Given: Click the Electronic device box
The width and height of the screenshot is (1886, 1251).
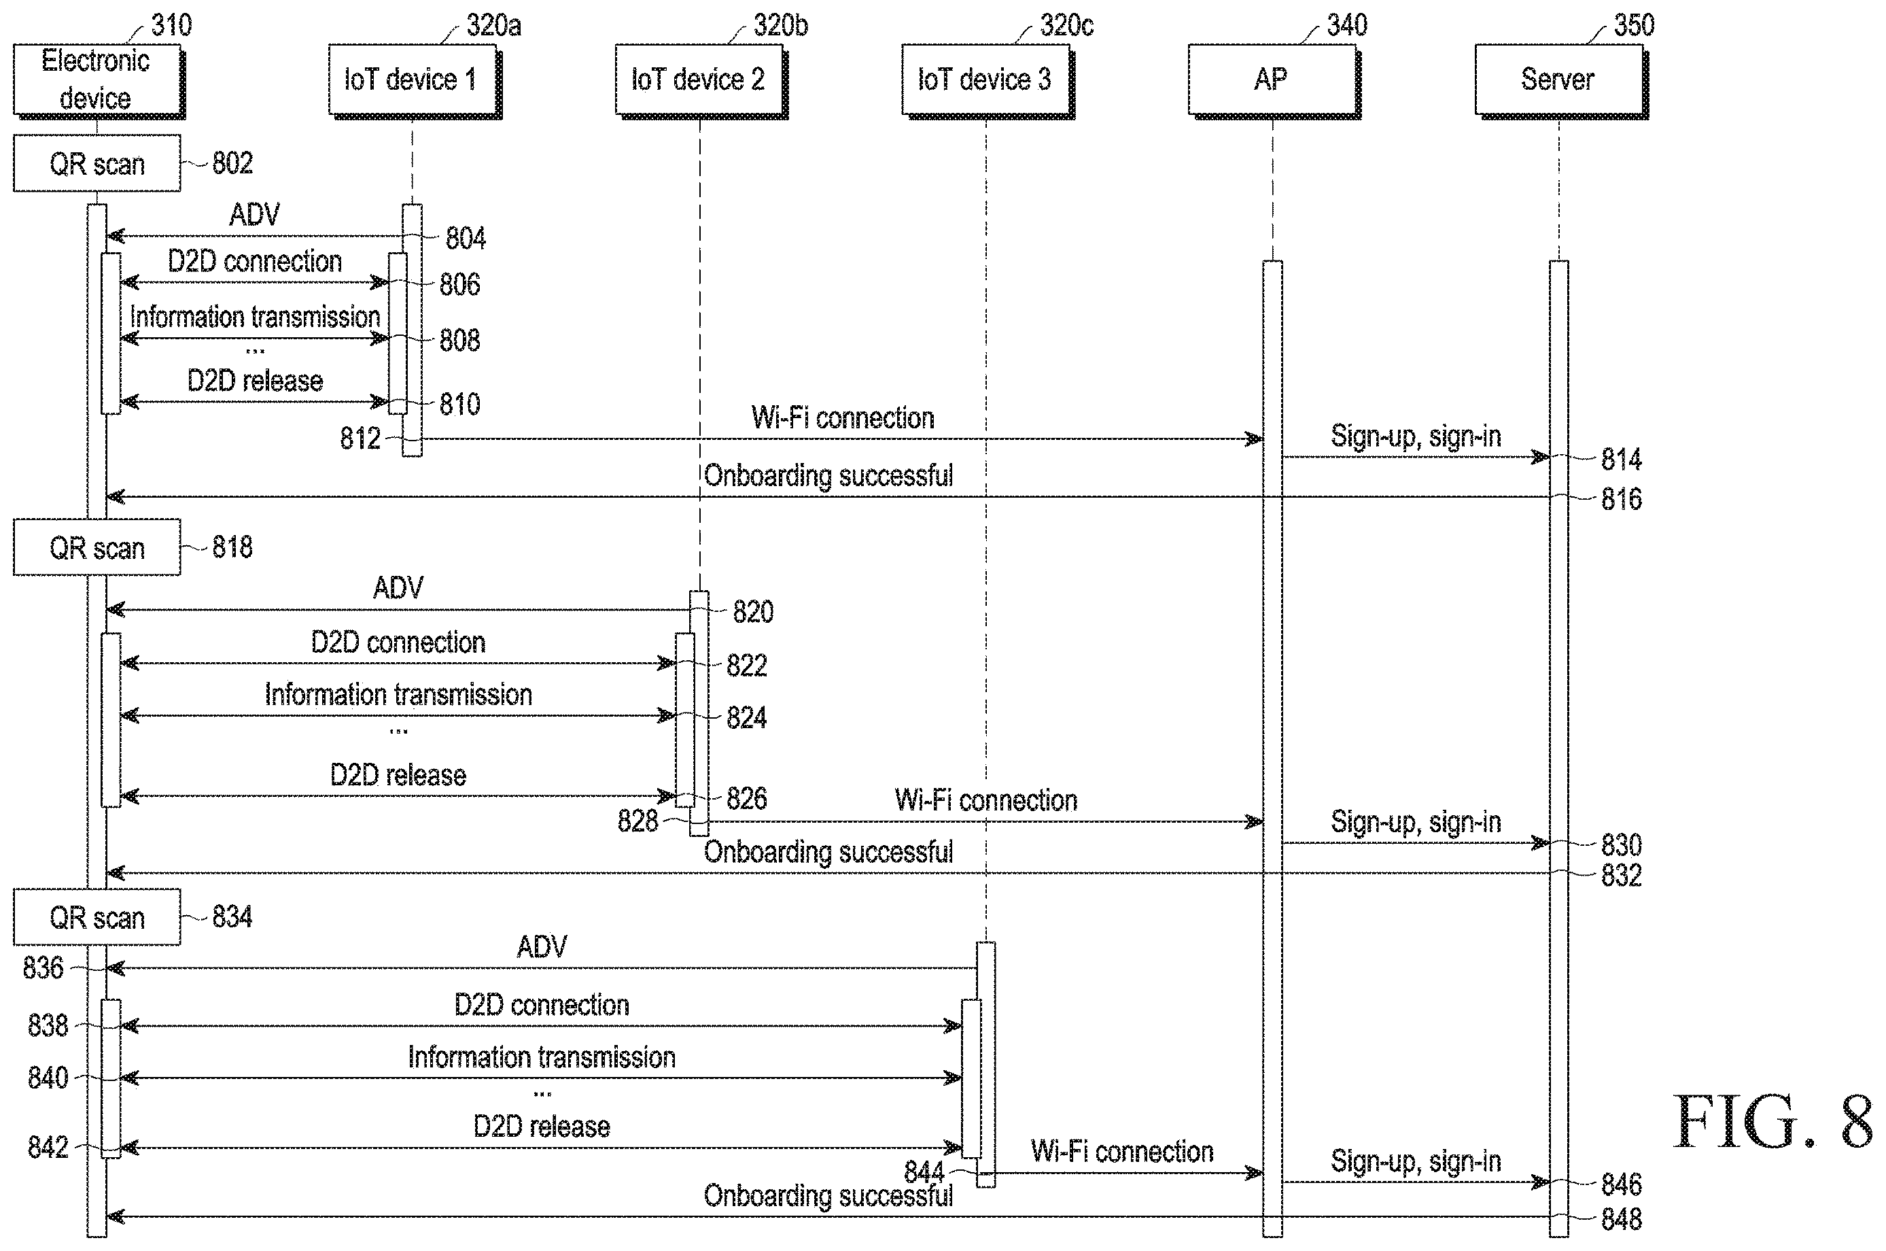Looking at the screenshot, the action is coord(97,80).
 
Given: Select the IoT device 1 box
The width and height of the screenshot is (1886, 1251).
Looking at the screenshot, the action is coord(413,80).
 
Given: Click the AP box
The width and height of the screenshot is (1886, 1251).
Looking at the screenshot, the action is coord(1273,80).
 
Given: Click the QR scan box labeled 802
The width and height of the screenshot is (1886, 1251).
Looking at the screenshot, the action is coord(97,164).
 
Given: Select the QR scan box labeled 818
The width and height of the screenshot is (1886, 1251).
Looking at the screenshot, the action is coord(97,547).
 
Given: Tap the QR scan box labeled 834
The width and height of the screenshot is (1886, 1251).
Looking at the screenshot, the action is coord(97,917).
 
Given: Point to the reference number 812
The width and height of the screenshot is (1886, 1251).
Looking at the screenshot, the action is coord(360,438).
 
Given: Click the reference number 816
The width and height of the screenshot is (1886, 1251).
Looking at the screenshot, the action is coord(1621,500).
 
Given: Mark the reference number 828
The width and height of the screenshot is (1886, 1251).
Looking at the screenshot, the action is coord(638,821).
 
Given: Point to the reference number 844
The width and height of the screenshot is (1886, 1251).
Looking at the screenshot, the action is coord(924,1172).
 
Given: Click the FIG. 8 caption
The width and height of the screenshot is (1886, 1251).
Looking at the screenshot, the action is coord(1773,1122).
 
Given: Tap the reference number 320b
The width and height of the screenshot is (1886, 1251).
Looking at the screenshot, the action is coord(781,26).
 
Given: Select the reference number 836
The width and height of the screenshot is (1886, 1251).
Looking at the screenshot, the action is coord(43,967).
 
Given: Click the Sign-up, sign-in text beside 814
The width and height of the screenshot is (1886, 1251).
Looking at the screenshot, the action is coord(1416,436).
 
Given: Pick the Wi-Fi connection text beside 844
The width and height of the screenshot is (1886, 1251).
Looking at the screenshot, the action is coord(1122,1151).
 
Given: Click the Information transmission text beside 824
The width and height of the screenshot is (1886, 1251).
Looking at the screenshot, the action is coord(398,695).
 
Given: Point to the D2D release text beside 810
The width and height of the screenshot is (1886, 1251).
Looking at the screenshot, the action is coord(255,381).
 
